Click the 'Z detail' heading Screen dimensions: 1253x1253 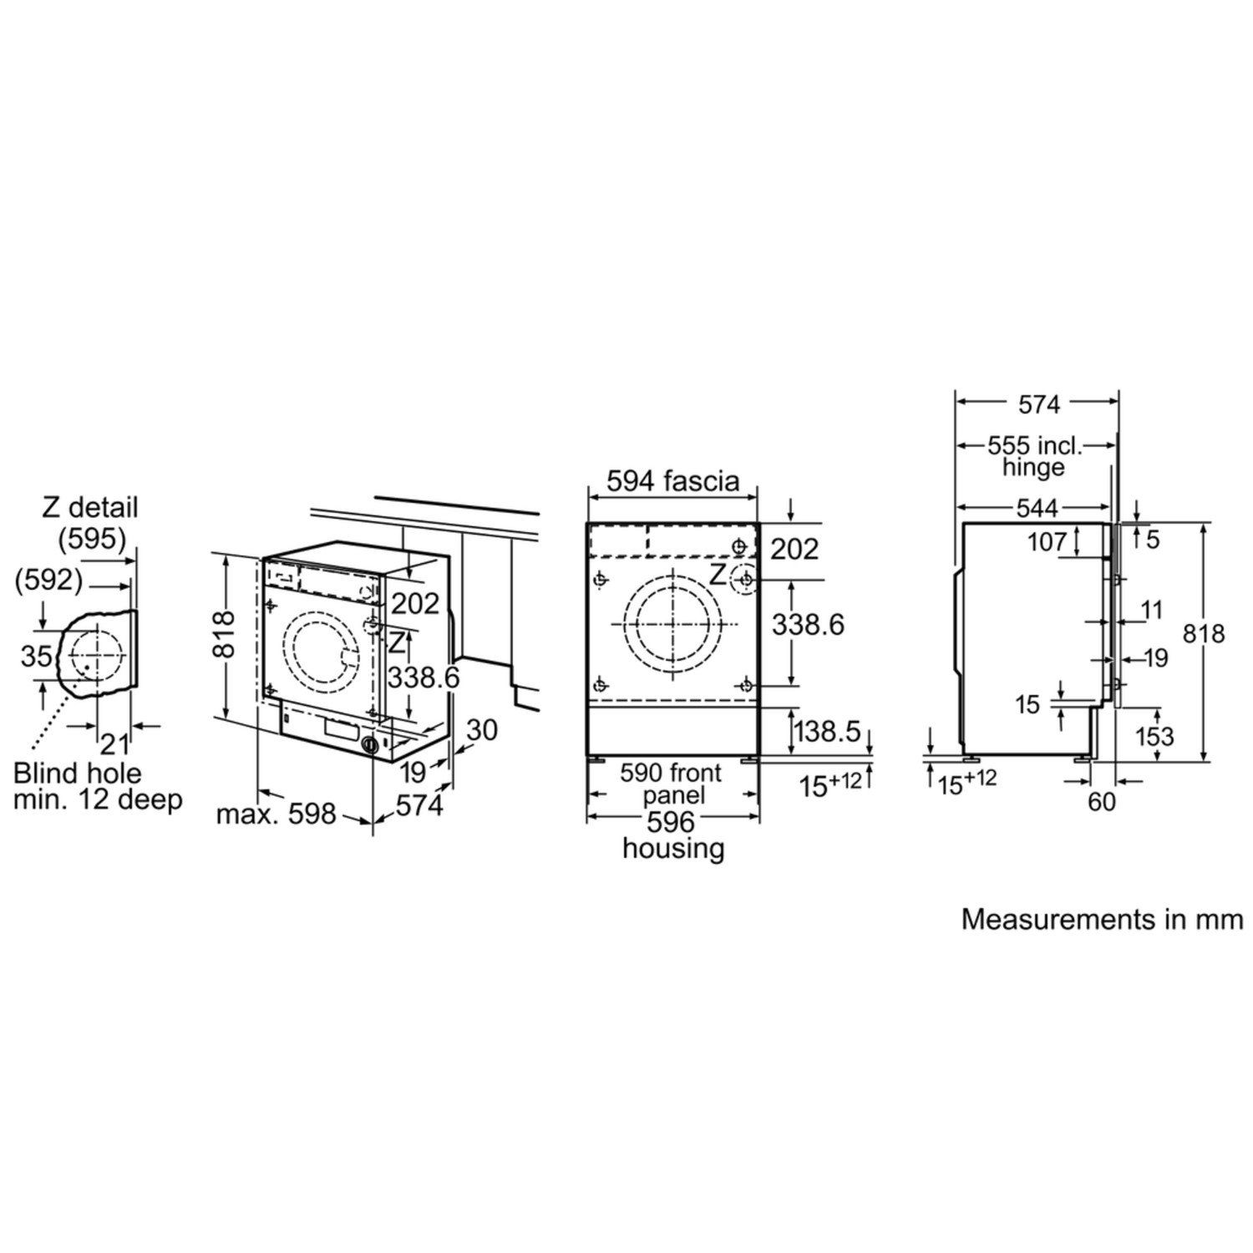(90, 507)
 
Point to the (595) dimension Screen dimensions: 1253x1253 (92, 539)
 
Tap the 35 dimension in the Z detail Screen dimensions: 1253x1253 (37, 657)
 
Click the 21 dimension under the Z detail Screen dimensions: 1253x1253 (114, 743)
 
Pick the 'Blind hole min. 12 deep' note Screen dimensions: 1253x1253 (98, 786)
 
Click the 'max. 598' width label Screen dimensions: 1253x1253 (276, 813)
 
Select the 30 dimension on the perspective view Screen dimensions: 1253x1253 (481, 730)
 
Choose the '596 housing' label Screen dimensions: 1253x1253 (672, 835)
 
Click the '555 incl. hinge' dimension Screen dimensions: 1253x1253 (1034, 455)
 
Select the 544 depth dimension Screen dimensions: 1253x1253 (1038, 507)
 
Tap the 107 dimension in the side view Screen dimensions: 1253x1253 (1048, 542)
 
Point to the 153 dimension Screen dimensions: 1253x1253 (1155, 736)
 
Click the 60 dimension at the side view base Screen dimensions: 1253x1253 (1102, 801)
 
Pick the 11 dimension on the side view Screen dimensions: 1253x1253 (1152, 610)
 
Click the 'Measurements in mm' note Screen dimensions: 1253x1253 (1102, 919)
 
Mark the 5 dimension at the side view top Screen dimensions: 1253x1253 (1153, 540)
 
